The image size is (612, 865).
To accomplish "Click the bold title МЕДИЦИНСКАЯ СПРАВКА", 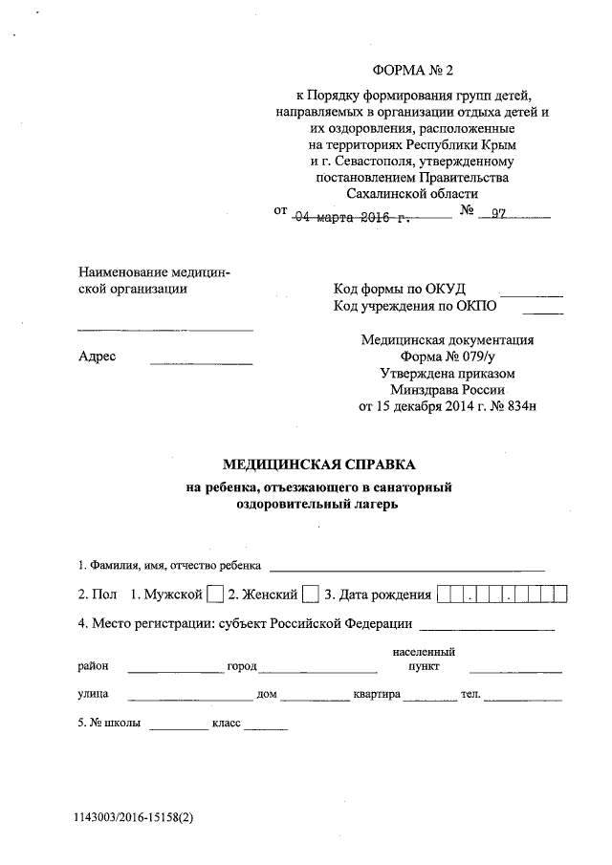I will coord(319,465).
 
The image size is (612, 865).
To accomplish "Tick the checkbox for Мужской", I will coord(215,595).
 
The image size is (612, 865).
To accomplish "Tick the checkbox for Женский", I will coord(311,595).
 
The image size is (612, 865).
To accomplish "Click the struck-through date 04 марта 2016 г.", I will coord(351,217).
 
